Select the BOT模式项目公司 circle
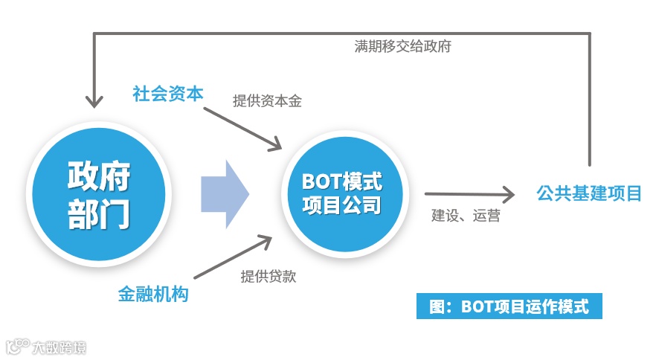pyautogui.click(x=341, y=195)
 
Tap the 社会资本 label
pyautogui.click(x=167, y=94)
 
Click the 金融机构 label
pyautogui.click(x=153, y=294)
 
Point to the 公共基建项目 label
pyautogui.click(x=589, y=194)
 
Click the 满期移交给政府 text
pyautogui.click(x=402, y=45)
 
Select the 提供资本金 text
pyautogui.click(x=267, y=101)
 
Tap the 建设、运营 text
pyautogui.click(x=466, y=216)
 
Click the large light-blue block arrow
pyautogui.click(x=225, y=195)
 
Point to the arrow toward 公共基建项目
pyautogui.click(x=469, y=195)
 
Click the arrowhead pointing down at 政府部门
pyautogui.click(x=94, y=100)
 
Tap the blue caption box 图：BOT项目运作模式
pyautogui.click(x=509, y=306)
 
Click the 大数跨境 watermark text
pyautogui.click(x=59, y=347)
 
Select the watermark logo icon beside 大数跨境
pyautogui.click(x=16, y=346)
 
